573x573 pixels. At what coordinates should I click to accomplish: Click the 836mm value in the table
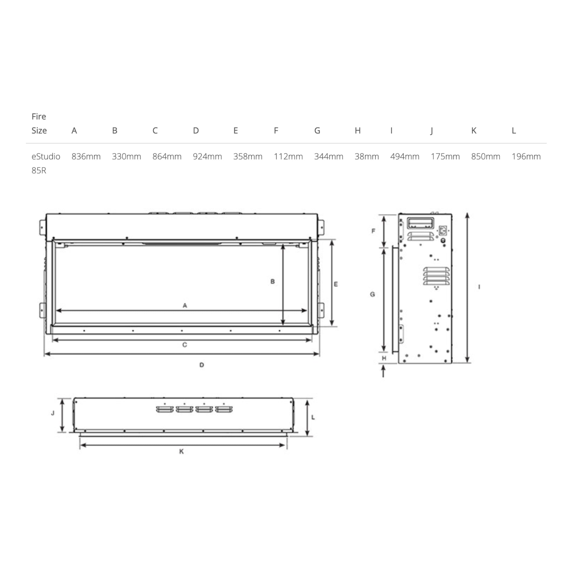point(86,156)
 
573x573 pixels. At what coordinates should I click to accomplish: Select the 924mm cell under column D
point(207,156)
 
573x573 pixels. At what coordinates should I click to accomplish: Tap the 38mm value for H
point(367,156)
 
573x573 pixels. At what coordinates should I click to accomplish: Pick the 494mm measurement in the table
point(405,156)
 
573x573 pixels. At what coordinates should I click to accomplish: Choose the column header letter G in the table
point(317,130)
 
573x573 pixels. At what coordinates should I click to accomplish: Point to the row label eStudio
point(46,156)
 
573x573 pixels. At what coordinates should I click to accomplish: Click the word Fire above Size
point(39,117)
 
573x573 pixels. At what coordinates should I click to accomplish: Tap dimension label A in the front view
point(185,306)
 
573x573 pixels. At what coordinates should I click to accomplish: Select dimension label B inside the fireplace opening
point(273,281)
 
